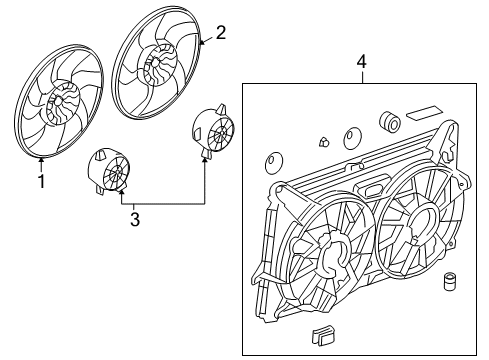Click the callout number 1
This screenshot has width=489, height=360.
point(41,182)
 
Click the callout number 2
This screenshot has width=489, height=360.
point(221,32)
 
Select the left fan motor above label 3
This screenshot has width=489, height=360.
point(110,170)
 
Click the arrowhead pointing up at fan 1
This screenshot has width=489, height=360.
point(41,159)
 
